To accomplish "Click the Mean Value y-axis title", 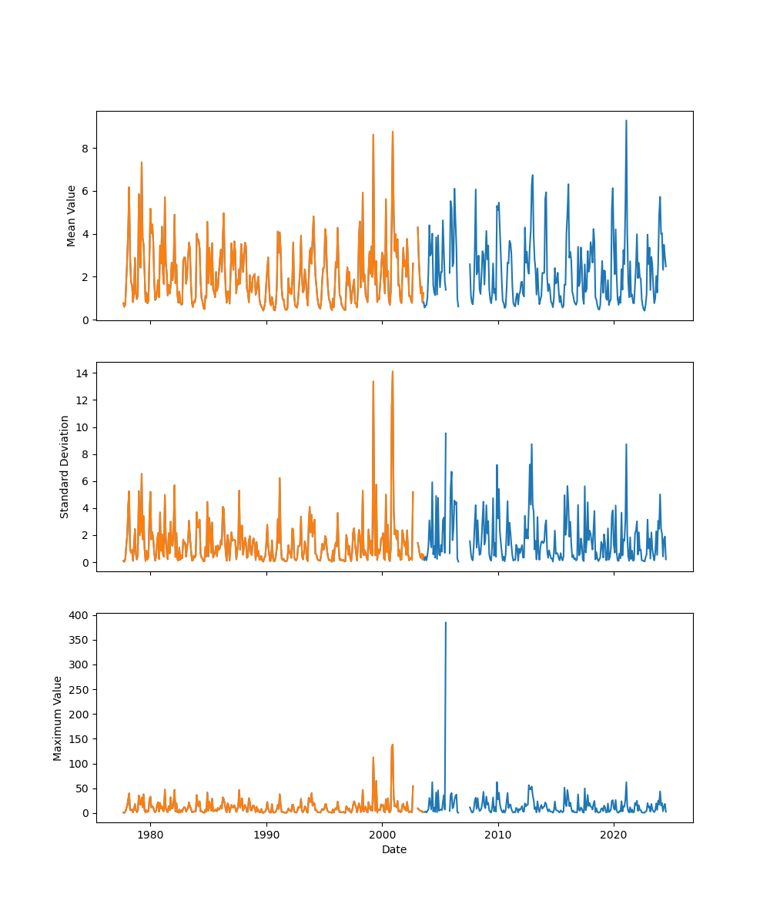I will tap(72, 216).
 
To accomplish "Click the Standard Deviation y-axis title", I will tap(65, 467).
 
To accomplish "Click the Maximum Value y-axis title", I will tap(58, 718).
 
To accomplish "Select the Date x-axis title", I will tap(394, 849).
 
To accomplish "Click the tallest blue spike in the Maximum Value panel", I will tap(445, 623).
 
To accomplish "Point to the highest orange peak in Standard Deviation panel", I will tap(392, 372).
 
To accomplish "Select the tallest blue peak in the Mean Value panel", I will tap(626, 121).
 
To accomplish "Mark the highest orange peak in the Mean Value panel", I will tap(392, 132).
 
